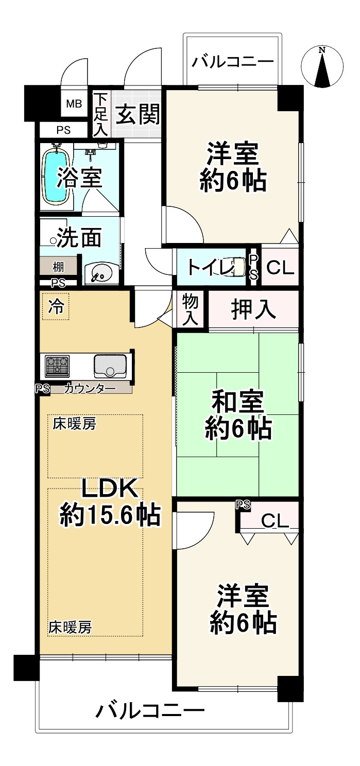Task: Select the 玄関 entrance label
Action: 136,114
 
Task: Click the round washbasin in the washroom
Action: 100,273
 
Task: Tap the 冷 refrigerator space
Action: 56,307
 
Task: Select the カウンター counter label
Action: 90,389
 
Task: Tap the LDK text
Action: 109,489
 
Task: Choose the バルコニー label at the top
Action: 233,62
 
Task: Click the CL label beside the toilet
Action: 280,268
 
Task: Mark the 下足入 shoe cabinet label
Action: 100,114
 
